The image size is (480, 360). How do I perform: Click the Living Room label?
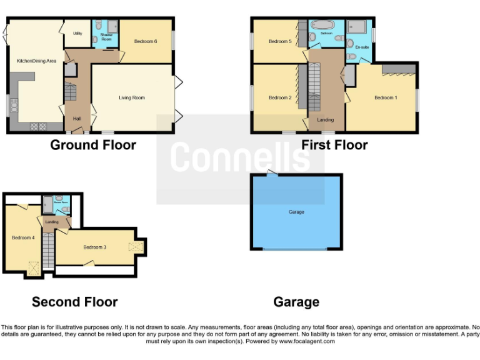click(132, 97)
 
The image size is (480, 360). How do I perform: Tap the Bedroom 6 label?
click(146, 41)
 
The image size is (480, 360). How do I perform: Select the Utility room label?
click(77, 33)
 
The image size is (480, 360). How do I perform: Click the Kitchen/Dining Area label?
click(36, 61)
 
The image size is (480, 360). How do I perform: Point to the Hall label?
click(77, 118)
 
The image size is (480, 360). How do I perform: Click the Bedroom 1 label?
click(386, 97)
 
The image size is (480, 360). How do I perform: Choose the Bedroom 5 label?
click(280, 41)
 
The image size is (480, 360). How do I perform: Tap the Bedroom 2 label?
click(280, 97)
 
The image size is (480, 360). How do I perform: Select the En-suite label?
click(362, 47)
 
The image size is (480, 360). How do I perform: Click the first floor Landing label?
click(326, 119)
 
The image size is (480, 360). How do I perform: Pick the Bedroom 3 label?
click(95, 247)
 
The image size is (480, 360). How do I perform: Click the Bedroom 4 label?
click(23, 237)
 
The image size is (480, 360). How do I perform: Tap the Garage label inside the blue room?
click(296, 212)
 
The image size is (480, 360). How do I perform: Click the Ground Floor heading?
click(93, 145)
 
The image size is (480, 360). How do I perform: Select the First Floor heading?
click(334, 145)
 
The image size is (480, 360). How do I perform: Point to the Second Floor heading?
click(74, 302)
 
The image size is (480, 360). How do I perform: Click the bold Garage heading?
click(296, 302)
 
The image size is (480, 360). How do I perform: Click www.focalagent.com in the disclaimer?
click(307, 341)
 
